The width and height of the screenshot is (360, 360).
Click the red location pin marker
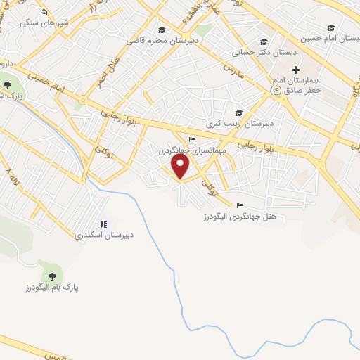[181, 166]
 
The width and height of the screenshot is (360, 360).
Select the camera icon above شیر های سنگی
[44, 13]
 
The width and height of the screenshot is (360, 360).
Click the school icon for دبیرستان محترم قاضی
[162, 30]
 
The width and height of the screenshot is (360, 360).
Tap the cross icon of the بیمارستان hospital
[295, 70]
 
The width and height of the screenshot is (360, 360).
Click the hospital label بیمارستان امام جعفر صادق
[295, 85]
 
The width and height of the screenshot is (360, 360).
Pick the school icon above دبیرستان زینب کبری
[239, 112]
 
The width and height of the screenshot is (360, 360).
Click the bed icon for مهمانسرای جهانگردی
[193, 139]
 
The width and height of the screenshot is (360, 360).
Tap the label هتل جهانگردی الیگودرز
[240, 215]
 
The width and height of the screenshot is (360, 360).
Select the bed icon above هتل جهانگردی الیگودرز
[240, 205]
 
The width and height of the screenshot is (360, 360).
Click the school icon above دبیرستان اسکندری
[103, 224]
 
